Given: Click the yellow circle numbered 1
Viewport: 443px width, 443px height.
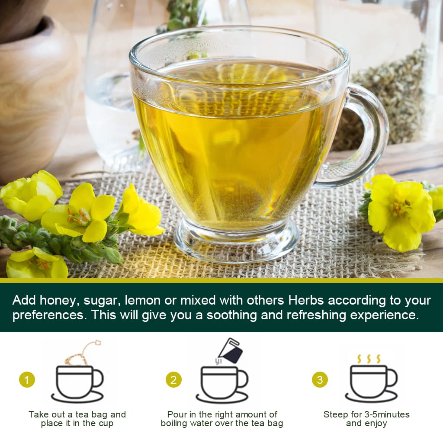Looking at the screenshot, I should click(27, 380).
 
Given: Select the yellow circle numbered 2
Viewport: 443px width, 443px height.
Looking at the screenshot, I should click(173, 380).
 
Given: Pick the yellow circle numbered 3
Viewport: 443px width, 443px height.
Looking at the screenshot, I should click(320, 380).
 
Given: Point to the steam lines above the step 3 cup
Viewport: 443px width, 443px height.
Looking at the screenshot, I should click(369, 359).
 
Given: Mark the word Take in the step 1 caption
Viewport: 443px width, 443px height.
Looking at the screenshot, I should click(39, 414).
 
